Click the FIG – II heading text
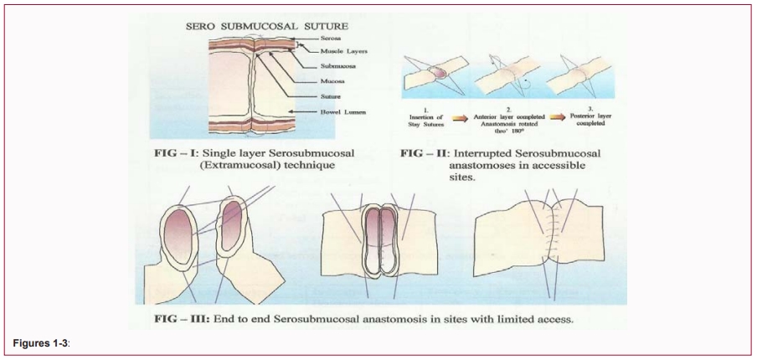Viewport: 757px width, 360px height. (x=423, y=153)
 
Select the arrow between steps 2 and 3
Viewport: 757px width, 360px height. (x=555, y=120)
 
